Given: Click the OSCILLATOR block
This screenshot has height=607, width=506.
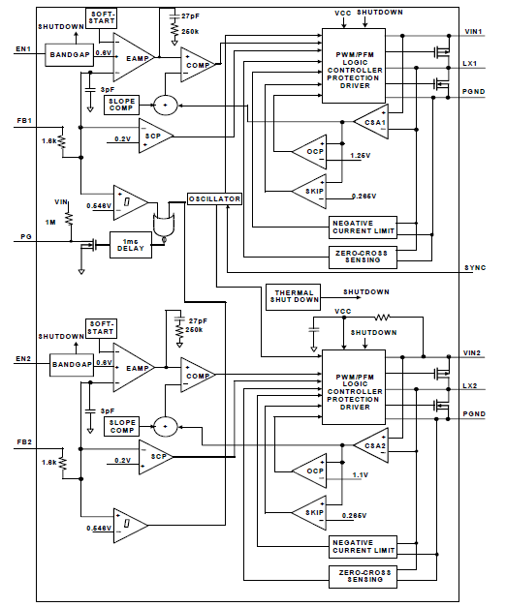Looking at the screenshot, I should point(214,198).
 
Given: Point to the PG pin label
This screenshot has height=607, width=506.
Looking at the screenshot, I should point(23,236).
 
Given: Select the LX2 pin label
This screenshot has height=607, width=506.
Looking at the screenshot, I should point(470,386).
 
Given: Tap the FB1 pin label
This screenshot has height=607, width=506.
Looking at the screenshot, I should point(24,121).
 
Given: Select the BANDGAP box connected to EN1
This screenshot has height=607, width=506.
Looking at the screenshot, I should point(70,54).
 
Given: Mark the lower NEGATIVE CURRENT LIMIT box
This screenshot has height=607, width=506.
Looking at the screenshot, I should point(364,545).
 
